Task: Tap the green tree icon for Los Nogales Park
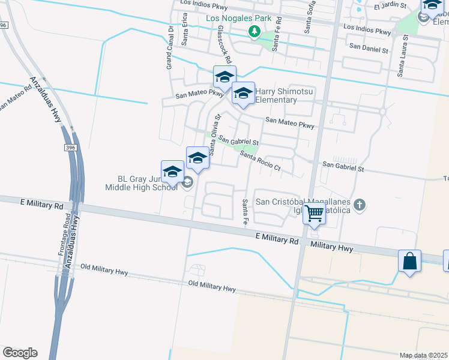[255, 30]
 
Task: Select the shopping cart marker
[315, 214]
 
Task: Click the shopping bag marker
[409, 262]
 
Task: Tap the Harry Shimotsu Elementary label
[276, 95]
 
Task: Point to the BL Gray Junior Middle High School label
[142, 183]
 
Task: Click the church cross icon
[360, 206]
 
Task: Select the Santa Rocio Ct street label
[261, 160]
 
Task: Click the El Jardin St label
[390, 7]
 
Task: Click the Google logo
[20, 353]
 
